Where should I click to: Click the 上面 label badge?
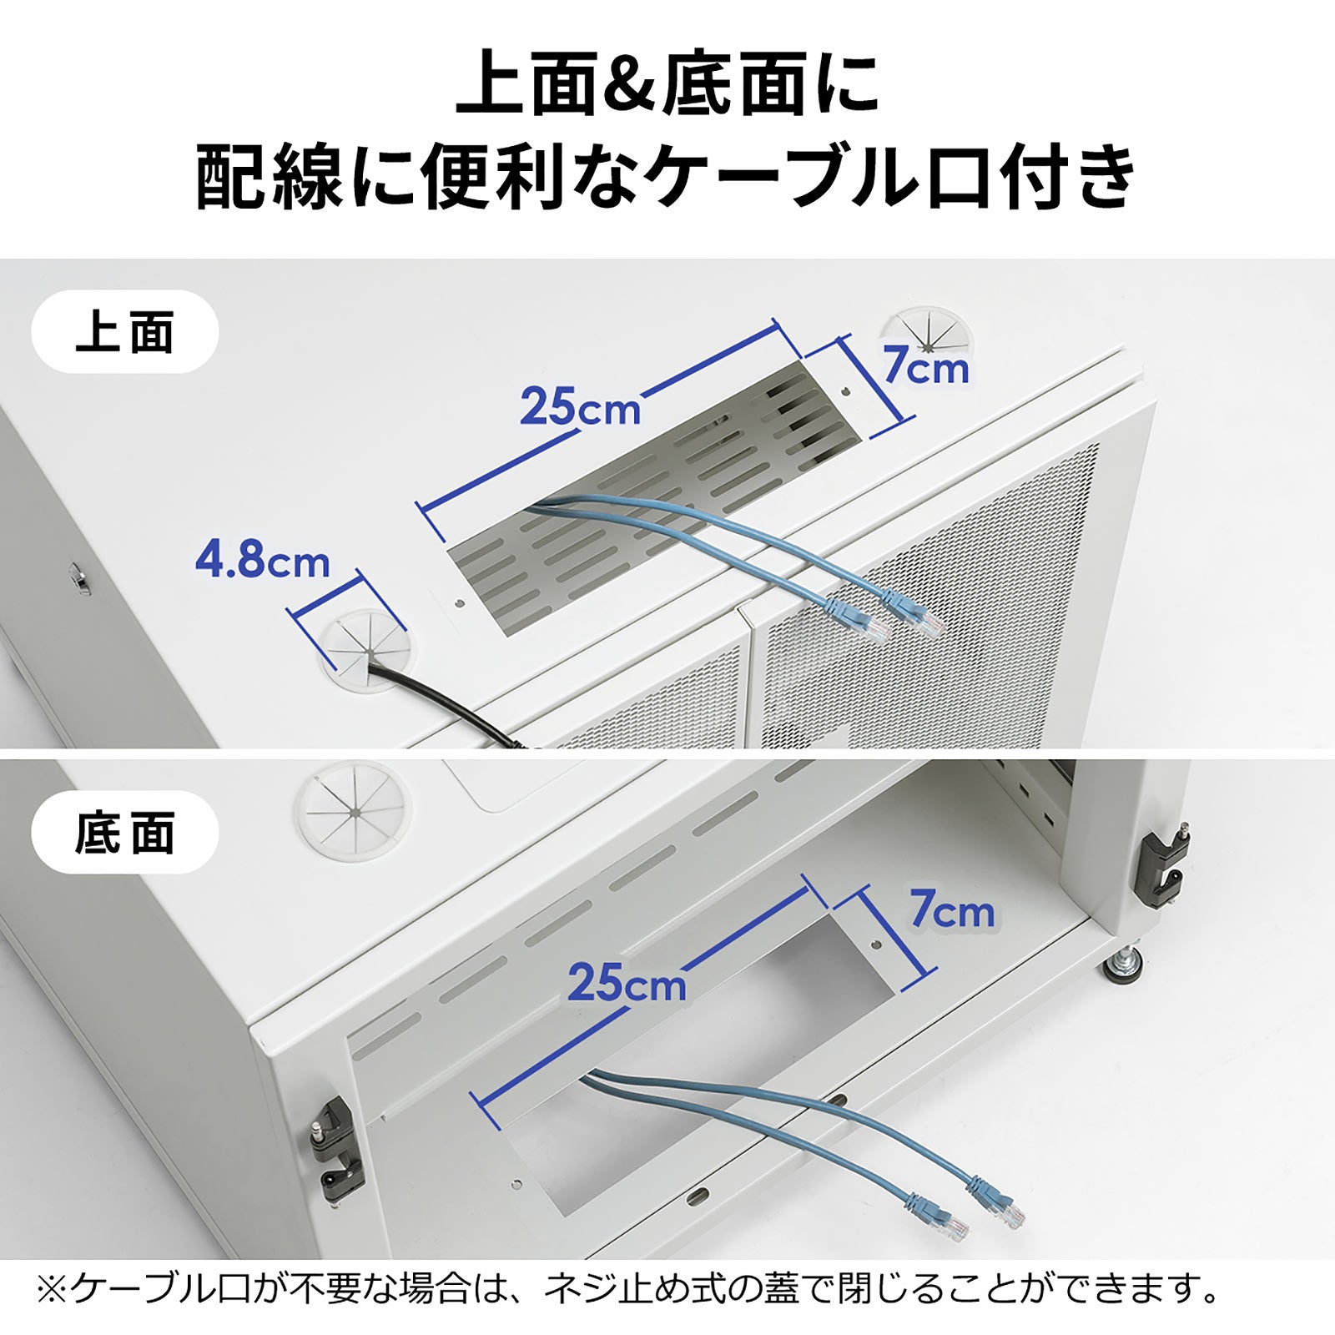(x=125, y=332)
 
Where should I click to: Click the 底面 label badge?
(x=125, y=832)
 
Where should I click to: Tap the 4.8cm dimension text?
(x=262, y=561)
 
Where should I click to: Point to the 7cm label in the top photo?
(x=926, y=367)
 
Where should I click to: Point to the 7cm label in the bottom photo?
(x=952, y=910)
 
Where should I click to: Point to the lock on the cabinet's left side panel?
(x=78, y=577)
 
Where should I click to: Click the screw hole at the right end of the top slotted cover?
(x=845, y=390)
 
